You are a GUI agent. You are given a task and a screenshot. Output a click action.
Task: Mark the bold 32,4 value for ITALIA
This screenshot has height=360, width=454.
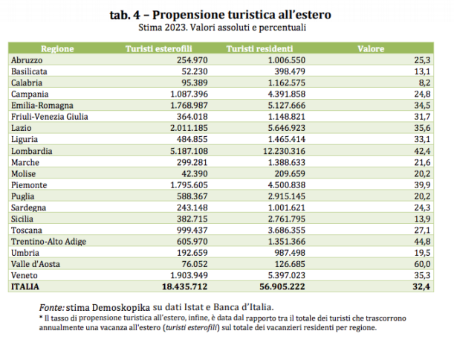(x=430, y=285)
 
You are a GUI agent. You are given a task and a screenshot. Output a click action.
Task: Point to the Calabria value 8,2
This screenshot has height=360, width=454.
(x=433, y=83)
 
